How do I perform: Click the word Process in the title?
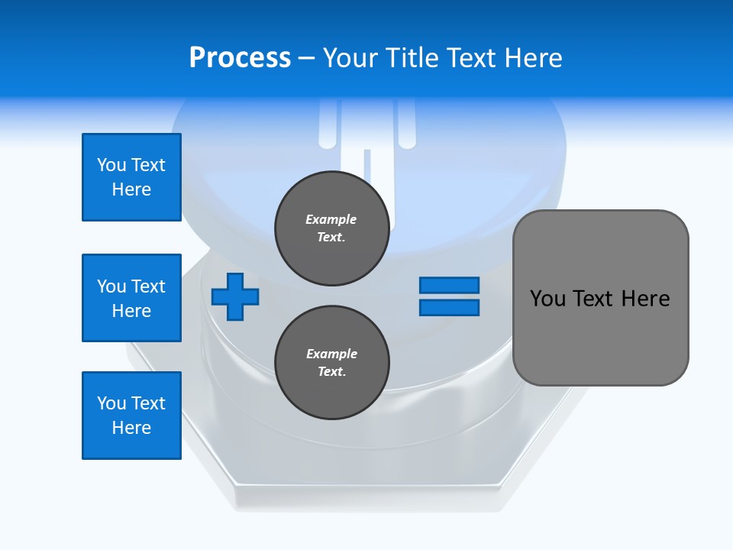point(240,58)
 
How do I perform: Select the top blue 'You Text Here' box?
point(131,177)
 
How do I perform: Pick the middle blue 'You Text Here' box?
point(131,298)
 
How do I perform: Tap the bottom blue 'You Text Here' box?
point(131,416)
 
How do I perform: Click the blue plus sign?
point(235,297)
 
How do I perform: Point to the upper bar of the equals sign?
point(449,286)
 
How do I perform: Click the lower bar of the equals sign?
point(449,308)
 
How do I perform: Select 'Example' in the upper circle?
point(331,219)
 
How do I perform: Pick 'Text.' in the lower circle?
point(331,372)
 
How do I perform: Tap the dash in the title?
point(307,58)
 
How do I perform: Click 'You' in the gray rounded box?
point(547,299)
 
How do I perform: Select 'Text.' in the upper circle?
point(331,238)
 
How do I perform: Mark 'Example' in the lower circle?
point(331,354)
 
